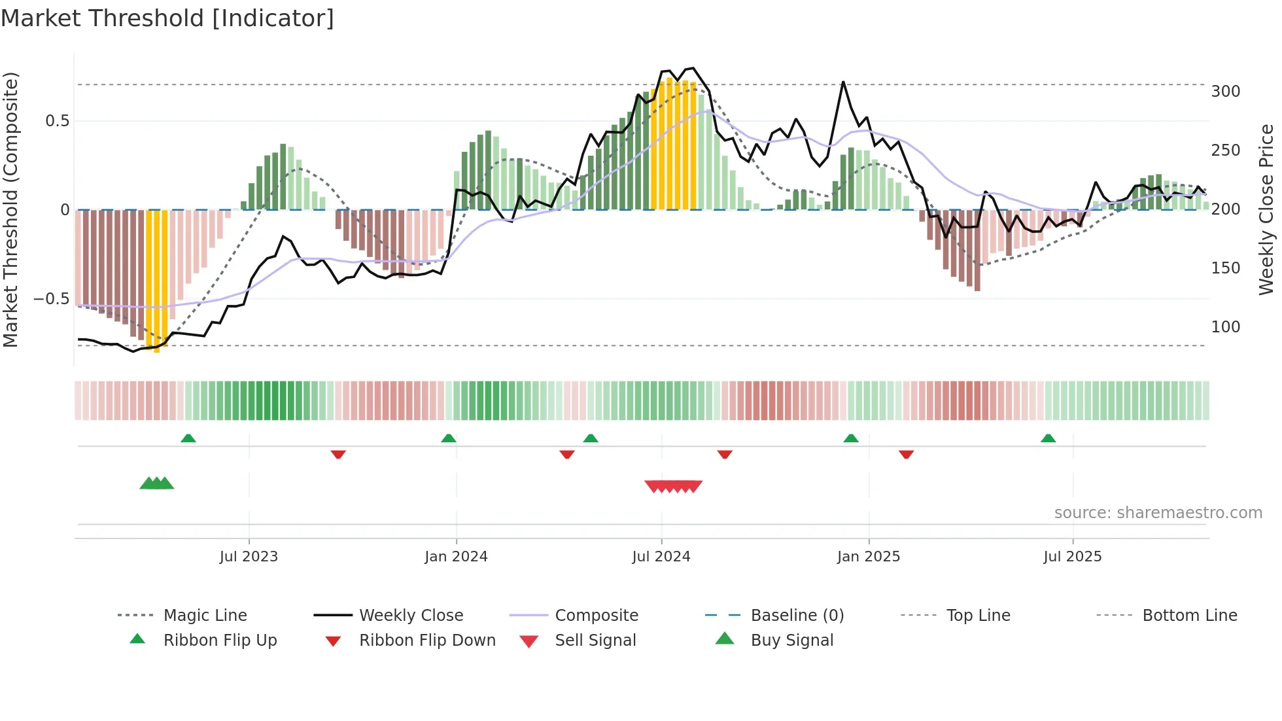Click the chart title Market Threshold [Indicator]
pos(167,18)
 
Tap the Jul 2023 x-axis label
pos(249,557)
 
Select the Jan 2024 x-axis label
pos(456,557)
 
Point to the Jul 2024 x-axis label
pos(661,557)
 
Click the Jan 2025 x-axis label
pos(869,557)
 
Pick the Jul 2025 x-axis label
pos(1073,557)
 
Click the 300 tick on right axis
pos(1226,92)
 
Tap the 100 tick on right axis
pos(1226,327)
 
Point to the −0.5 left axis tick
pos(51,299)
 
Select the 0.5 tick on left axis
pos(58,121)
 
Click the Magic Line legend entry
pos(205,616)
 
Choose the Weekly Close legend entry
pos(411,616)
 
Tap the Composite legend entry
pos(597,616)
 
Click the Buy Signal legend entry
pos(791,641)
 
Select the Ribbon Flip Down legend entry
pos(427,641)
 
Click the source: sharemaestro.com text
pos(1158,513)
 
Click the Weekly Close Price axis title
pos(1267,209)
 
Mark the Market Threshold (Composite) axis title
pos(10,209)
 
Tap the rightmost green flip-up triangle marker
pos(1048,438)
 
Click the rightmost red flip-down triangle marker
pos(906,454)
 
